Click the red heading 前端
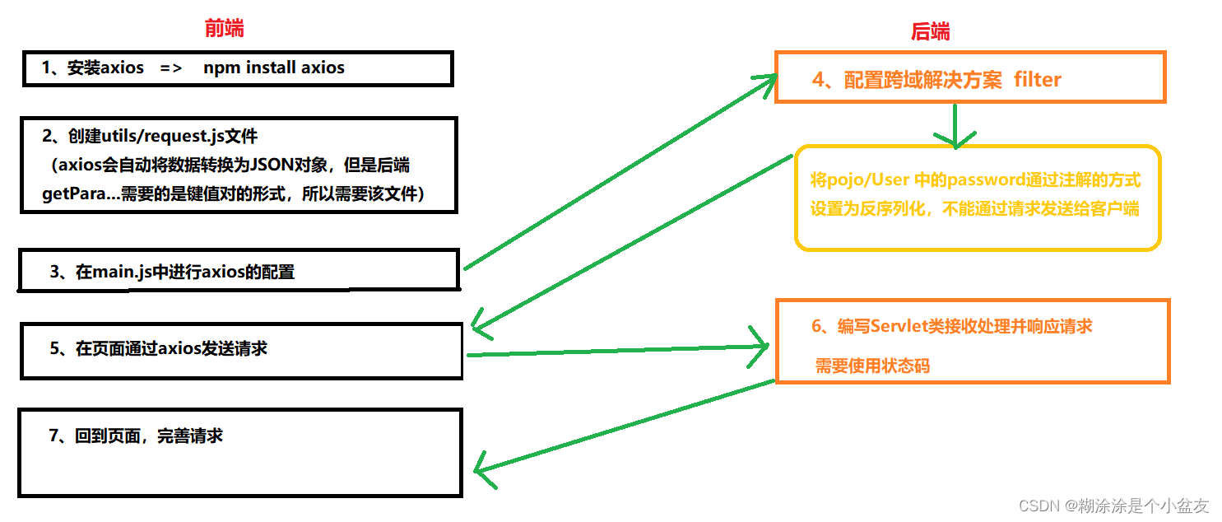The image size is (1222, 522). (x=224, y=29)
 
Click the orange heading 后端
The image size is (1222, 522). (x=930, y=32)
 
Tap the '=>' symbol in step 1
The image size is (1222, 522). (x=171, y=68)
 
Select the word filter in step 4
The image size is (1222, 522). (x=1038, y=80)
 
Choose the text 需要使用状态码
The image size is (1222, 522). (x=872, y=366)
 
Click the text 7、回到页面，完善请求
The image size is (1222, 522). (x=136, y=436)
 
